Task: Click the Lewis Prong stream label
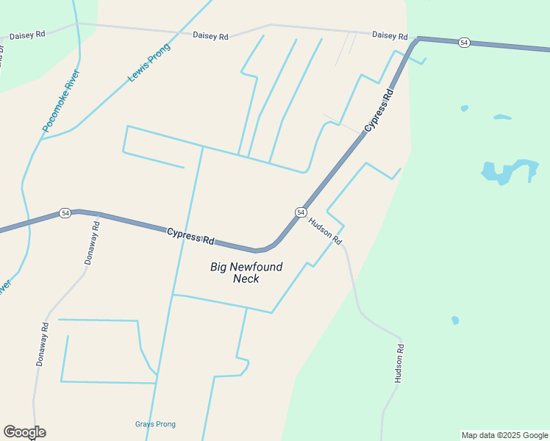tap(149, 62)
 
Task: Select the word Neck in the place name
tap(246, 279)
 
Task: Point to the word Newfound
tap(257, 267)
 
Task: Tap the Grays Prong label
tap(155, 424)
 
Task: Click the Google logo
tap(24, 432)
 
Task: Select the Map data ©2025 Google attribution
tap(505, 435)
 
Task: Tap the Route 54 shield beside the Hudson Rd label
tap(301, 212)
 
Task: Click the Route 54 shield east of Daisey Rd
tap(463, 43)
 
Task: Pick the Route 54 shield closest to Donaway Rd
tap(65, 212)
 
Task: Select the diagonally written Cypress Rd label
tap(379, 110)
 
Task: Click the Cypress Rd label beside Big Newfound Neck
tap(190, 236)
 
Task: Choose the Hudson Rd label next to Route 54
tap(325, 231)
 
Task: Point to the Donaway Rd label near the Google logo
tap(43, 345)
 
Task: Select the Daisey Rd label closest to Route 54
tap(390, 35)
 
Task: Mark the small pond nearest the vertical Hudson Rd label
tap(455, 320)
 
